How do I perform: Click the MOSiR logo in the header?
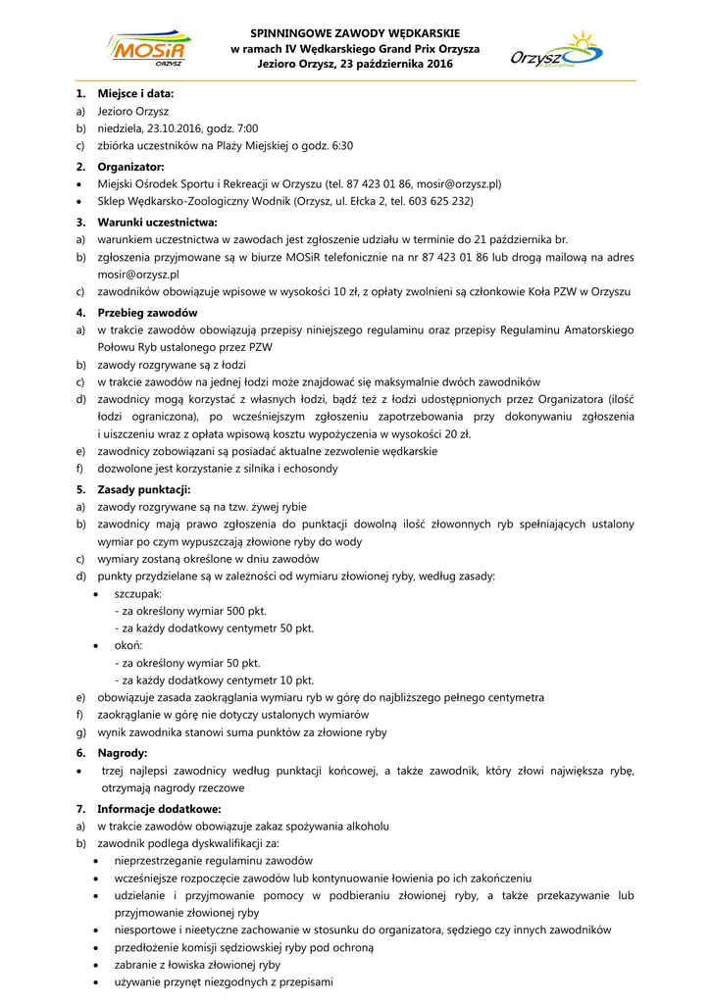[150, 48]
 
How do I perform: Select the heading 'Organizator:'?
[131, 167]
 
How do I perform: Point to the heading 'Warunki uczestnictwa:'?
[157, 222]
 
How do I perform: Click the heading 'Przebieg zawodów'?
[147, 313]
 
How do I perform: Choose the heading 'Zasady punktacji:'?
[143, 489]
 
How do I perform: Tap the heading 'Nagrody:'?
[123, 753]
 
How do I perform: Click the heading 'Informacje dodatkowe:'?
[159, 809]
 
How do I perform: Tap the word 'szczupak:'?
[138, 594]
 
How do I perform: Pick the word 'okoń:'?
[128, 646]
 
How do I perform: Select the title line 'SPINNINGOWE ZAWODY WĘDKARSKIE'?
[354, 33]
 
